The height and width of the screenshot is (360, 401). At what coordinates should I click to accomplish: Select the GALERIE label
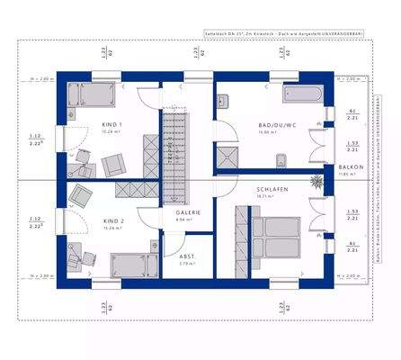click(187, 212)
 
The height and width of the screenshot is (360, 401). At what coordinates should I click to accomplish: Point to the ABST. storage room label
click(188, 257)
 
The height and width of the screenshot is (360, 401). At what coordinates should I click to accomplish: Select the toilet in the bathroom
click(281, 161)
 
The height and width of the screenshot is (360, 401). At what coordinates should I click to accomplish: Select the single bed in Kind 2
click(130, 263)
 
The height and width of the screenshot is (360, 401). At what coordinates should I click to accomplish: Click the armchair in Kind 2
click(81, 194)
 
